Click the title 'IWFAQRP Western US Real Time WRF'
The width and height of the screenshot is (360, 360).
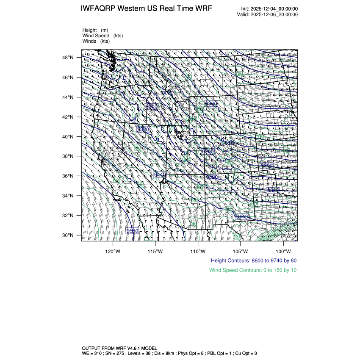coord(146,9)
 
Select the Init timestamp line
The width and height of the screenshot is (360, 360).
coord(269,9)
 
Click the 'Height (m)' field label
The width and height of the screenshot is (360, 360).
coord(95,30)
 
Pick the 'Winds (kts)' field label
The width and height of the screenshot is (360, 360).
coord(96,41)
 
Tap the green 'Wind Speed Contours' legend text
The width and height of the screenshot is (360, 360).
coord(253,270)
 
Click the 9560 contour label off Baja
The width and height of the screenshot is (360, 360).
coord(133,231)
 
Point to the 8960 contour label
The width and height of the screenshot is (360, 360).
coord(211,104)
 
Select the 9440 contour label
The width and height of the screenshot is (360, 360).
coord(242,216)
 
